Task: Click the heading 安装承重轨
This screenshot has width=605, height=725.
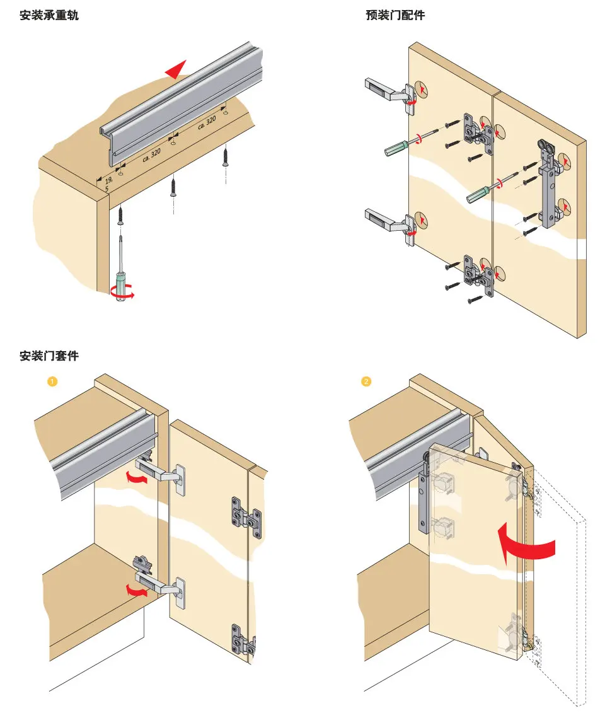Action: tap(49, 15)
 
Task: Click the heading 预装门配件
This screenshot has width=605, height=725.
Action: tap(395, 15)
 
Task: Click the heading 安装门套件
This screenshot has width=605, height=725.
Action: tap(49, 356)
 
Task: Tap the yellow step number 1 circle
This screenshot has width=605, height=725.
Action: tap(53, 381)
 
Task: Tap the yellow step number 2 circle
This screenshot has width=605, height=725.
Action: tap(366, 381)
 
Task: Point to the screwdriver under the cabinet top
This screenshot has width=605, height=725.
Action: tap(120, 271)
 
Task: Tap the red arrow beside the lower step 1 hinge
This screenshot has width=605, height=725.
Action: tap(137, 591)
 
